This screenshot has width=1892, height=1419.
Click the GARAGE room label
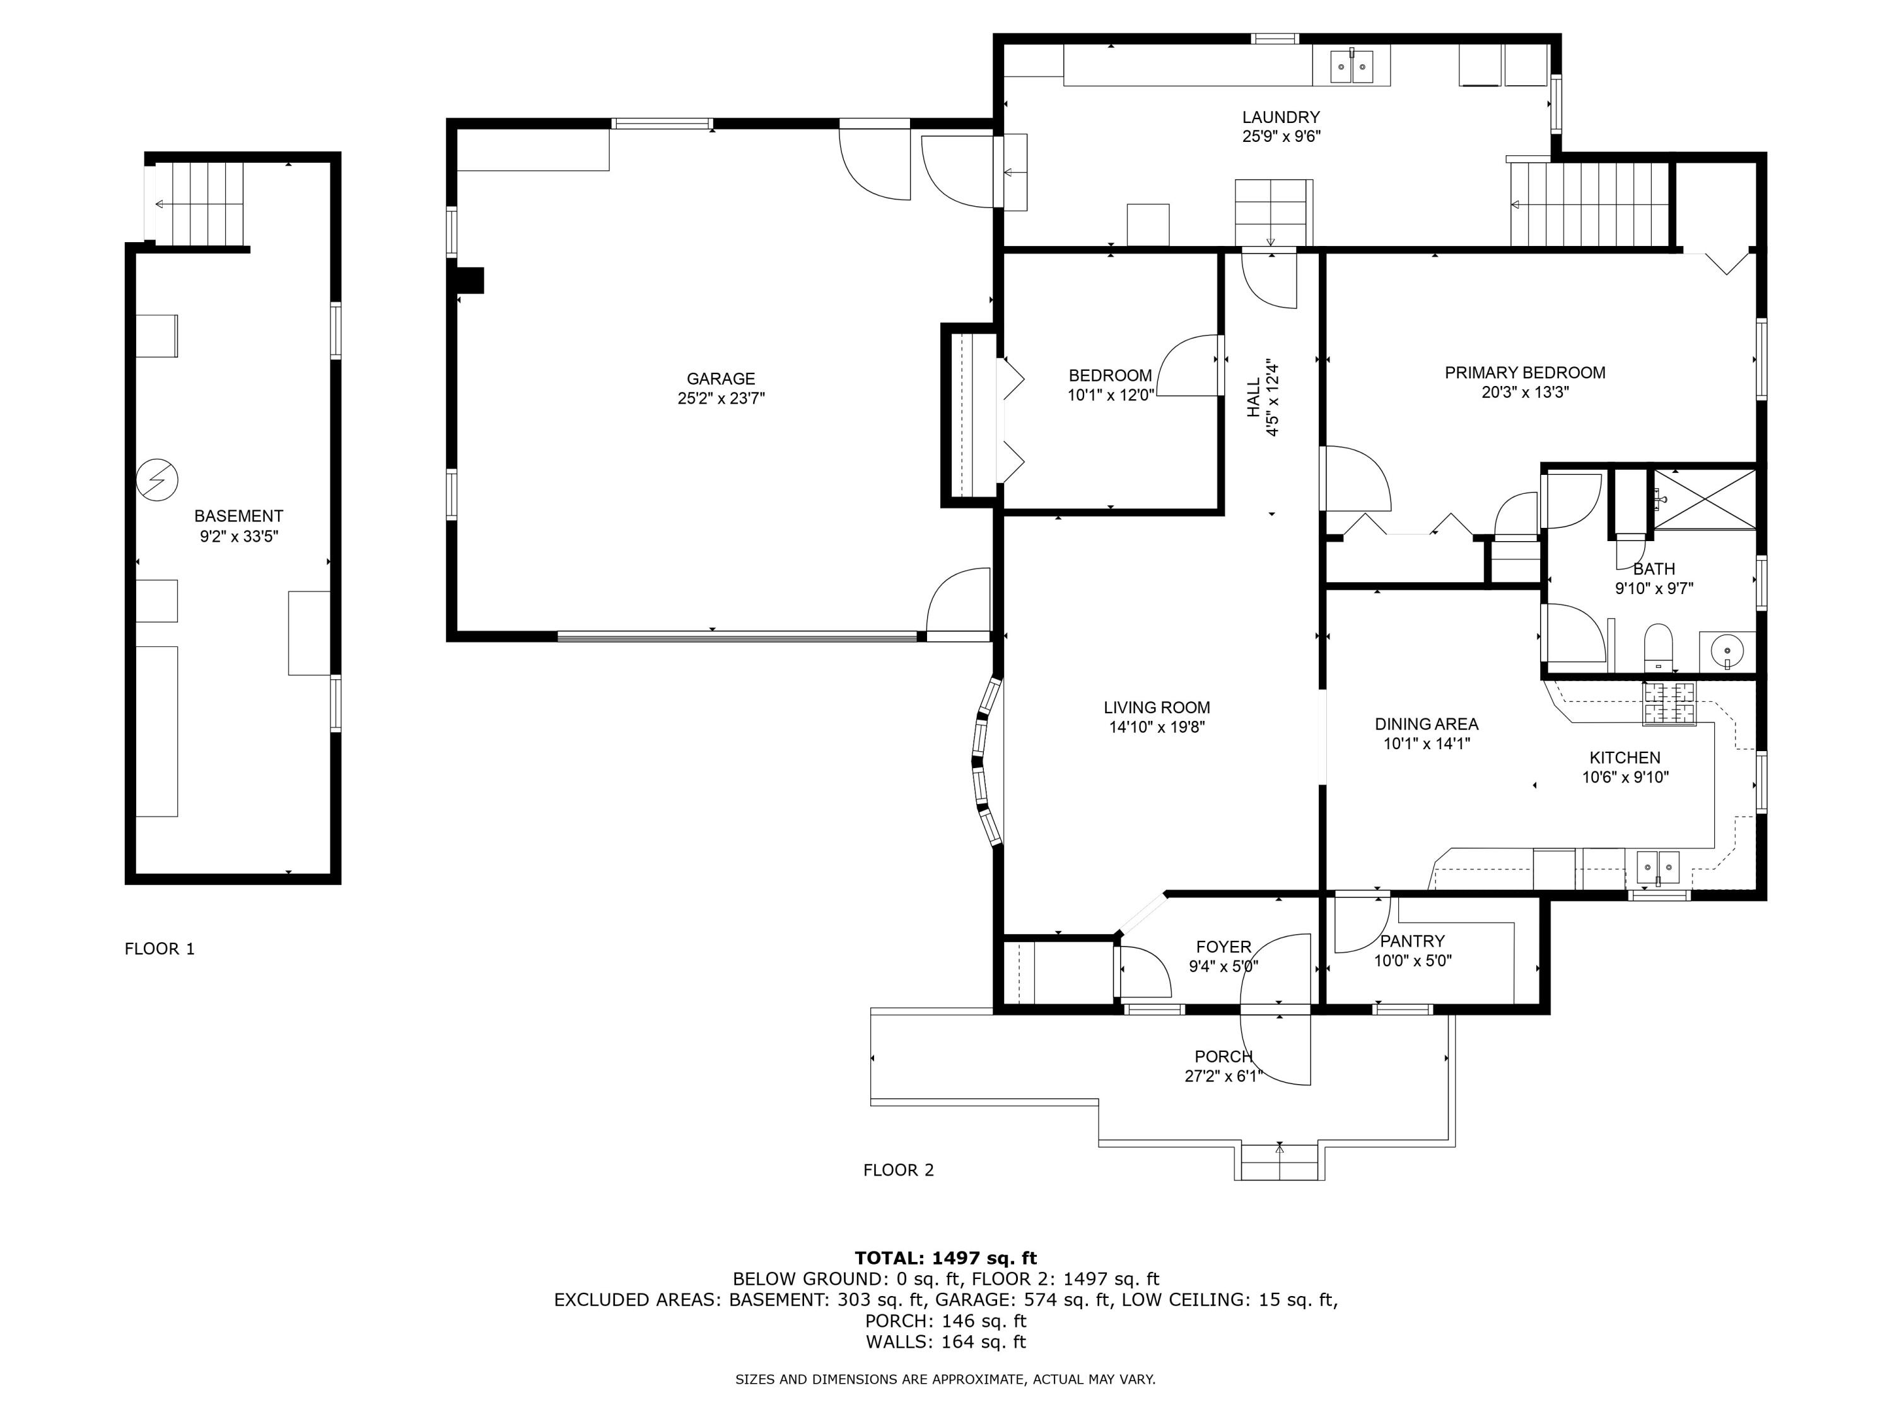(720, 378)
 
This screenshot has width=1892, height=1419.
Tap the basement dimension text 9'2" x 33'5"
(238, 536)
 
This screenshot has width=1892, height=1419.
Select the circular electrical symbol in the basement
(158, 480)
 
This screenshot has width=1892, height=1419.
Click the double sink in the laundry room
(1352, 66)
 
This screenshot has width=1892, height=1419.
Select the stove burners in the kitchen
(1668, 704)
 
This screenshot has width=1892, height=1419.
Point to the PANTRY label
(1412, 941)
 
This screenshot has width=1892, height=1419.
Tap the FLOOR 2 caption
(898, 1170)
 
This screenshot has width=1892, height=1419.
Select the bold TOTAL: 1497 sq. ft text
(945, 1258)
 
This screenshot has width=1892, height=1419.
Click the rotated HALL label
(1254, 399)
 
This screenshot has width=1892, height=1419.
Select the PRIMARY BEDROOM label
(1525, 372)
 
